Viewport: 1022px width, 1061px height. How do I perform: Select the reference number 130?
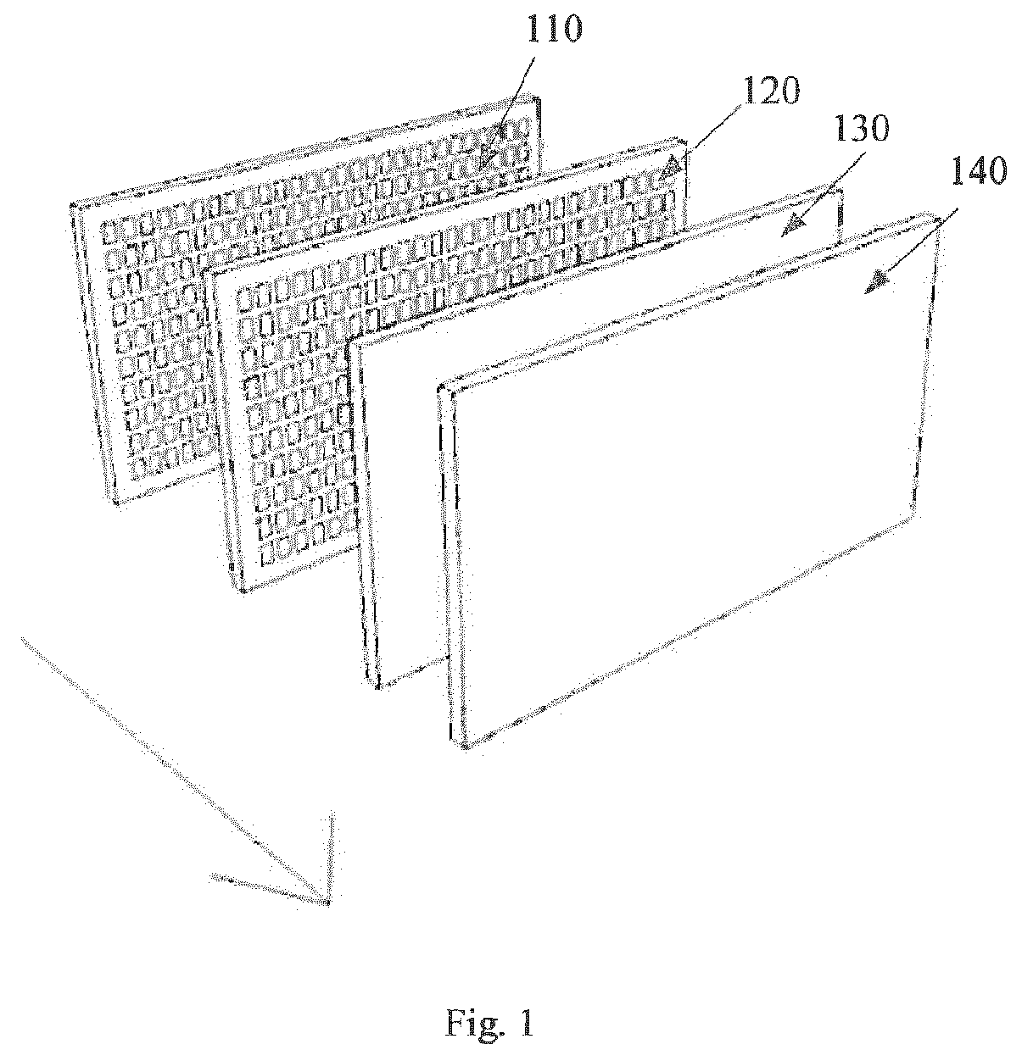click(861, 129)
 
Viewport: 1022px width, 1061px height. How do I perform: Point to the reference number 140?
click(978, 170)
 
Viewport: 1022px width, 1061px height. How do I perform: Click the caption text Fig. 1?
click(490, 1024)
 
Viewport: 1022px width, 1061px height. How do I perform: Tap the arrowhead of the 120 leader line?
click(671, 168)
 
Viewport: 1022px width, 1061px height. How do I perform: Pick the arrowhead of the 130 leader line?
click(794, 225)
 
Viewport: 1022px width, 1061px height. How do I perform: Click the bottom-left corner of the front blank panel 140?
click(463, 748)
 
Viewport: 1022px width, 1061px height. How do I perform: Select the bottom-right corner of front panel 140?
click(915, 513)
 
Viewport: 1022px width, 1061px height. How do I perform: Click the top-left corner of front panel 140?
click(440, 388)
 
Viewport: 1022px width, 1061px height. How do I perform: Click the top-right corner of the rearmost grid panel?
click(539, 98)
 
